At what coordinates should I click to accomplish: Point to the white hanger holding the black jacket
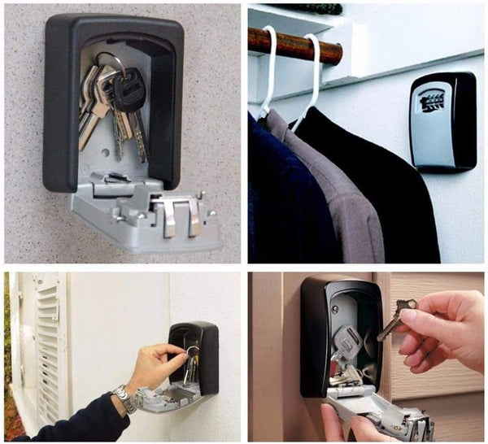coord(313,77)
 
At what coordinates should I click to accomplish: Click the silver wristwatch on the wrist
coord(124,398)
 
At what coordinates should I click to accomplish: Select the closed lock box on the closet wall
coord(442,122)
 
